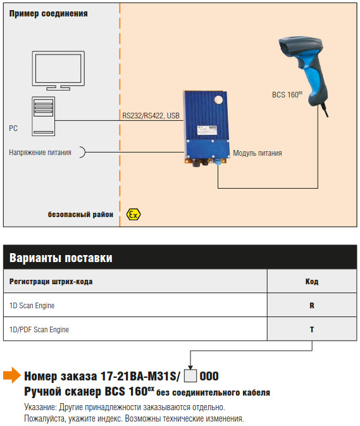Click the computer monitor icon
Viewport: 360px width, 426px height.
tap(58, 71)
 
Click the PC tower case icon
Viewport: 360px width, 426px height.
tap(44, 116)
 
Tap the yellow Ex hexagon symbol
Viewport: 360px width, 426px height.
tap(133, 215)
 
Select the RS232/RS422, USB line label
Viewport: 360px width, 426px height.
tap(151, 116)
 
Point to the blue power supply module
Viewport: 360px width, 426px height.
tap(206, 128)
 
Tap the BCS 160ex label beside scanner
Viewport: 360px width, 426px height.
tap(287, 94)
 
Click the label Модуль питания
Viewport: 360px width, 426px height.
tap(258, 153)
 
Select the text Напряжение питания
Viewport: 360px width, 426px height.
tap(40, 153)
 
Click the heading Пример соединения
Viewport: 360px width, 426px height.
tap(48, 13)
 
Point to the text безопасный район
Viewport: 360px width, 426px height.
tap(80, 215)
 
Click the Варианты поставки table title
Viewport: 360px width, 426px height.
tap(61, 258)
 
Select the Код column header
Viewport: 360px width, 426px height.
tap(312, 282)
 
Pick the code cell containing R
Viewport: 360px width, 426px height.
tap(312, 305)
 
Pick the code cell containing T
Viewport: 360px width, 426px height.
tap(312, 329)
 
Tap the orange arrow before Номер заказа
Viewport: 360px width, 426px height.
tap(12, 375)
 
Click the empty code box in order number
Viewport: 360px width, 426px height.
tap(190, 376)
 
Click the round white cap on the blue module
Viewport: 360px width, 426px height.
tap(218, 100)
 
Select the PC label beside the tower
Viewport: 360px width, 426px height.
tap(13, 128)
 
